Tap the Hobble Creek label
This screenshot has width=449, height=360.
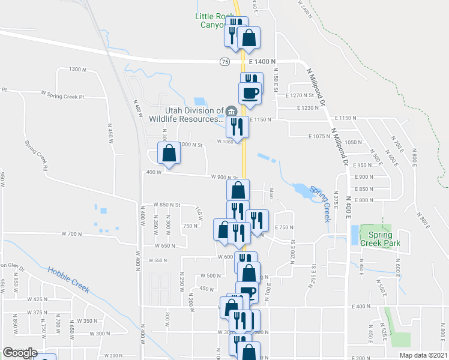click(68, 281)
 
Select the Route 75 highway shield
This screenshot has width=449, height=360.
click(224, 61)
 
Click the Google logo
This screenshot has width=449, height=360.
click(20, 353)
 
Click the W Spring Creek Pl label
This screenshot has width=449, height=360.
click(63, 95)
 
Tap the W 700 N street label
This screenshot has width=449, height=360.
click(71, 233)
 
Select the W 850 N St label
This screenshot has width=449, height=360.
click(167, 205)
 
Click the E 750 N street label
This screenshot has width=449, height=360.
click(285, 227)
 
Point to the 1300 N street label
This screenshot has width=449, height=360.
click(78, 70)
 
